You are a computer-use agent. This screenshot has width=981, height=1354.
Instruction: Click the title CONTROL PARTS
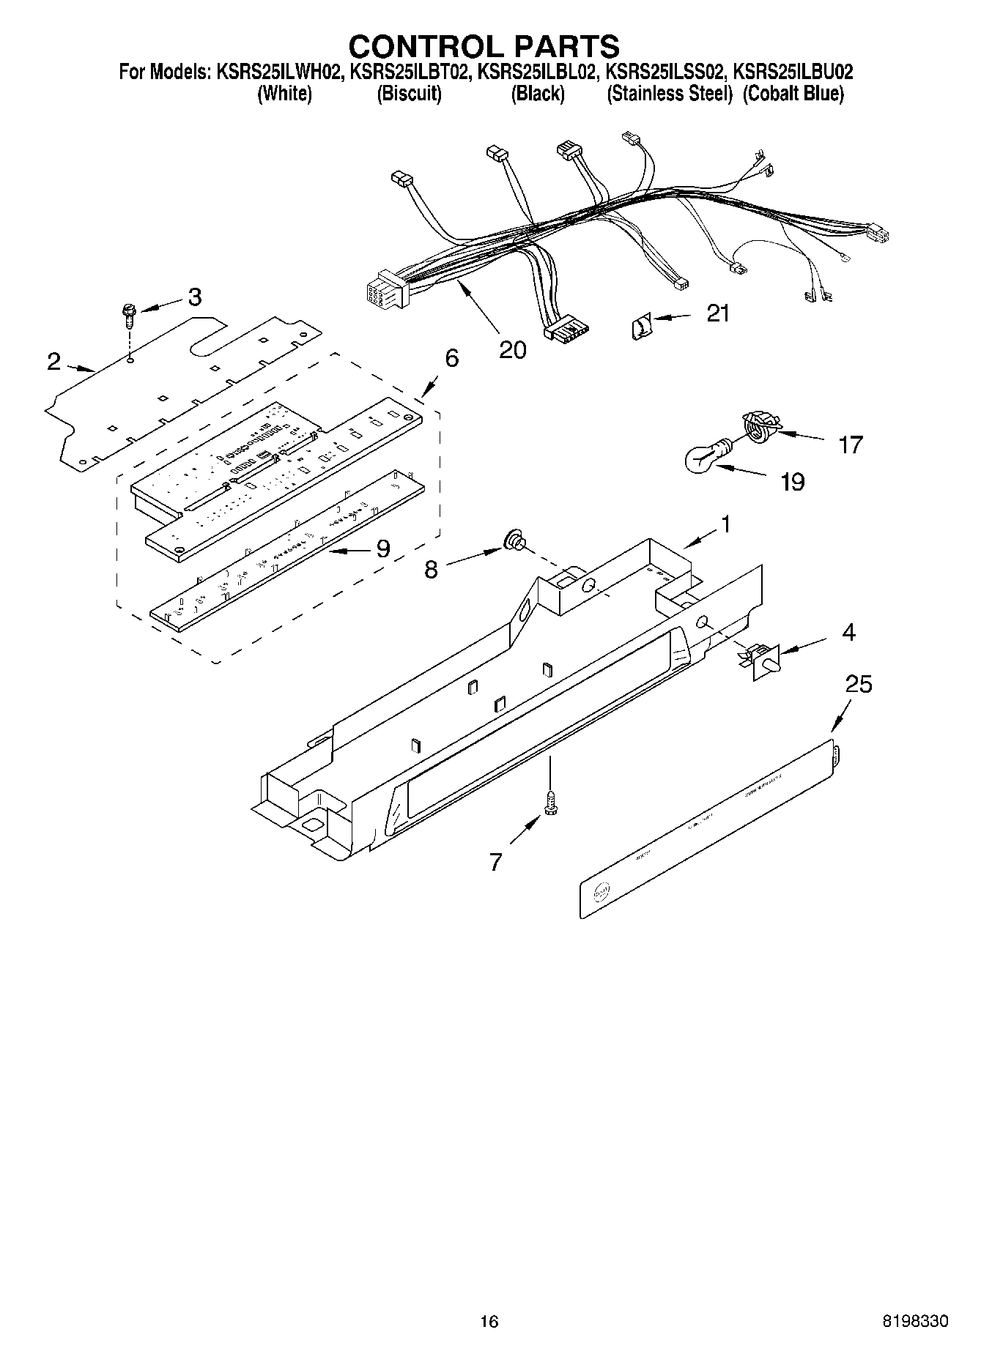(484, 46)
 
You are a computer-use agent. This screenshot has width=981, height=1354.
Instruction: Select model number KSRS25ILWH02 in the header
(279, 72)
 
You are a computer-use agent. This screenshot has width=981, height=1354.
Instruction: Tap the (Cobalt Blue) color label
(793, 94)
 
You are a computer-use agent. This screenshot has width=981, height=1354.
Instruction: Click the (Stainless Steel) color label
(669, 94)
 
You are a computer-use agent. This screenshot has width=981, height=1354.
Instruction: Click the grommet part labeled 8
(514, 542)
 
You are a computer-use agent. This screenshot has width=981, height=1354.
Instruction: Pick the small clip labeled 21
(640, 324)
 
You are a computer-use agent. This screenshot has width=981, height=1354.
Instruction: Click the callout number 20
(512, 350)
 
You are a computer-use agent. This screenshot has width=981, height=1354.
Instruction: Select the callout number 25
(859, 684)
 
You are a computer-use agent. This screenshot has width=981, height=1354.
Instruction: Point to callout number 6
(451, 358)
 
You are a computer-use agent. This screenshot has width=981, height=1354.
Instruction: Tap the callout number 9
(382, 548)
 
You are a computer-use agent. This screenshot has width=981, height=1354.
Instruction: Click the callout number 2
(53, 361)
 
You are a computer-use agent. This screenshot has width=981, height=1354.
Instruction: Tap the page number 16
(489, 1321)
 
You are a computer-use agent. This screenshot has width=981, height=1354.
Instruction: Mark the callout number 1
(725, 524)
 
